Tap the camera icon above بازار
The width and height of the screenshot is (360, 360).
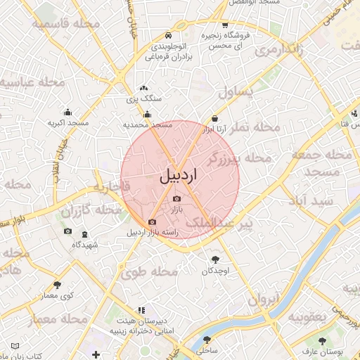[176, 199]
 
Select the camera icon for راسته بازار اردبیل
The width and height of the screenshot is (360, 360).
[152, 222]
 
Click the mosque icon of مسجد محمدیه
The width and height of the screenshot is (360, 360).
[147, 115]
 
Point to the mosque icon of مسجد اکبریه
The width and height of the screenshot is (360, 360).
[67, 112]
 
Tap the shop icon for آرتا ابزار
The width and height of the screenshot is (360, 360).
[214, 119]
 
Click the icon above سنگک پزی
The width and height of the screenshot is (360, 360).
[143, 89]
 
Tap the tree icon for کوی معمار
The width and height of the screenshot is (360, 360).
[57, 285]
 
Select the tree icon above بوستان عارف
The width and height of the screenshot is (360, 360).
[322, 341]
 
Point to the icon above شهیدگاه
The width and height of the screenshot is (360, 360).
[84, 234]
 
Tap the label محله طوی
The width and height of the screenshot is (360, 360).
[154, 271]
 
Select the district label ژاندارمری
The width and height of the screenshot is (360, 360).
[280, 50]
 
